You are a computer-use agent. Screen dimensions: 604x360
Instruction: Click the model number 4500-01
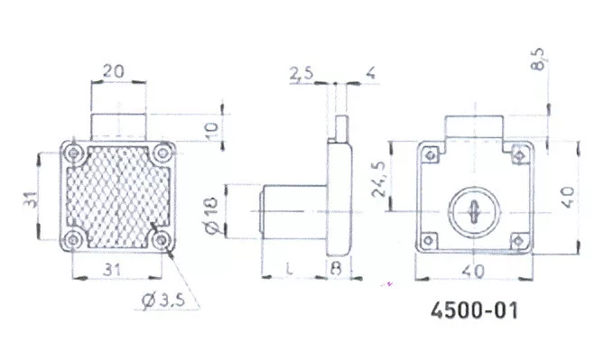pos(474,310)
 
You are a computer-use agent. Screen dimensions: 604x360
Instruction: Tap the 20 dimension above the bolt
pos(114,71)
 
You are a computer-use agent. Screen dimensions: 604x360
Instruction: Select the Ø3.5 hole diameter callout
pos(163,300)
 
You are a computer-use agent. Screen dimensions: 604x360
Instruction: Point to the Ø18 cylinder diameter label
pos(212,216)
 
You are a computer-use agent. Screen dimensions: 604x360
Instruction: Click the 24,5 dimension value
pos(379,179)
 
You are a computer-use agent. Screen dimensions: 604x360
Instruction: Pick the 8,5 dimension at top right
pos(538,59)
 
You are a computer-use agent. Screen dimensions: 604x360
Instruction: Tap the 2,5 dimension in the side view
pos(302,74)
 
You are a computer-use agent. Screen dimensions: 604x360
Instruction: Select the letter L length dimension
pos(290,269)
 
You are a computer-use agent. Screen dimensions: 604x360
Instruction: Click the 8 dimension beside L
pos(336,269)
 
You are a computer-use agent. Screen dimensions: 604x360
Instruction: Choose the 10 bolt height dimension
pos(213,131)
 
